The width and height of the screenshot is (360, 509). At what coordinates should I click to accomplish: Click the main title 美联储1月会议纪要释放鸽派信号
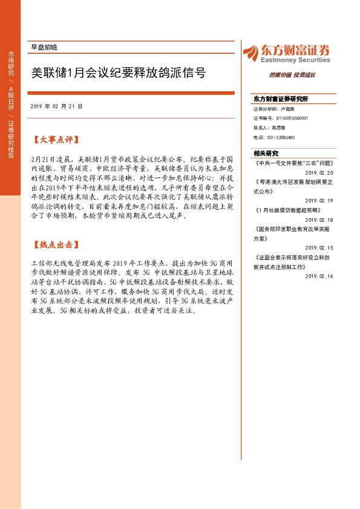(x=118, y=74)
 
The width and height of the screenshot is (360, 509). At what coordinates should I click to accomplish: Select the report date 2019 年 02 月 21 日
(x=56, y=106)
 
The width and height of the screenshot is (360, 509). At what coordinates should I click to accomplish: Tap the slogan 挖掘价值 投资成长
(x=292, y=75)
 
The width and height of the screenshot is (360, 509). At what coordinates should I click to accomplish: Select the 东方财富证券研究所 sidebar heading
(x=281, y=99)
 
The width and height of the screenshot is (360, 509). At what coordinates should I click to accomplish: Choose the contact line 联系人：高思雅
(x=270, y=128)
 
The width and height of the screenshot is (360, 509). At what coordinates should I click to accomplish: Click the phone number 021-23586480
(x=274, y=137)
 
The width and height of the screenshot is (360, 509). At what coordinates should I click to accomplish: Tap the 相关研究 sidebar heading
(x=266, y=154)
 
